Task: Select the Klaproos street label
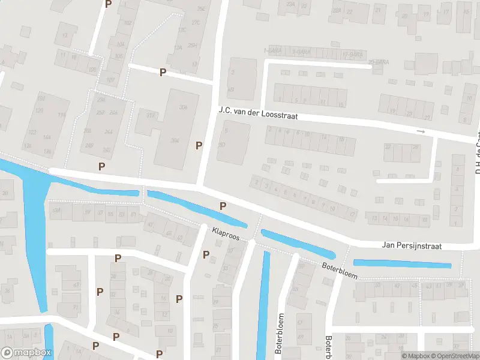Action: coord(226,233)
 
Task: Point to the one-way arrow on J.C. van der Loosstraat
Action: coord(421,131)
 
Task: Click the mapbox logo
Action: coord(25,352)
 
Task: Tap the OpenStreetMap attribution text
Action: coord(451,356)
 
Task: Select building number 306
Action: coord(183,107)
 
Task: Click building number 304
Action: coord(175,140)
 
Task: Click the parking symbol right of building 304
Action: coord(199,145)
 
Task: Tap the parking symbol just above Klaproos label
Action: coord(223,206)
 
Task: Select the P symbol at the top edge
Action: coord(108,4)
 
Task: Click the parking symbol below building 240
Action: coord(101,166)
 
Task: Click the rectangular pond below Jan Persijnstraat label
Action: coord(402,263)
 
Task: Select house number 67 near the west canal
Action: coord(75,285)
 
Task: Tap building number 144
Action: coord(46,137)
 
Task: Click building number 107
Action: coord(110,79)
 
